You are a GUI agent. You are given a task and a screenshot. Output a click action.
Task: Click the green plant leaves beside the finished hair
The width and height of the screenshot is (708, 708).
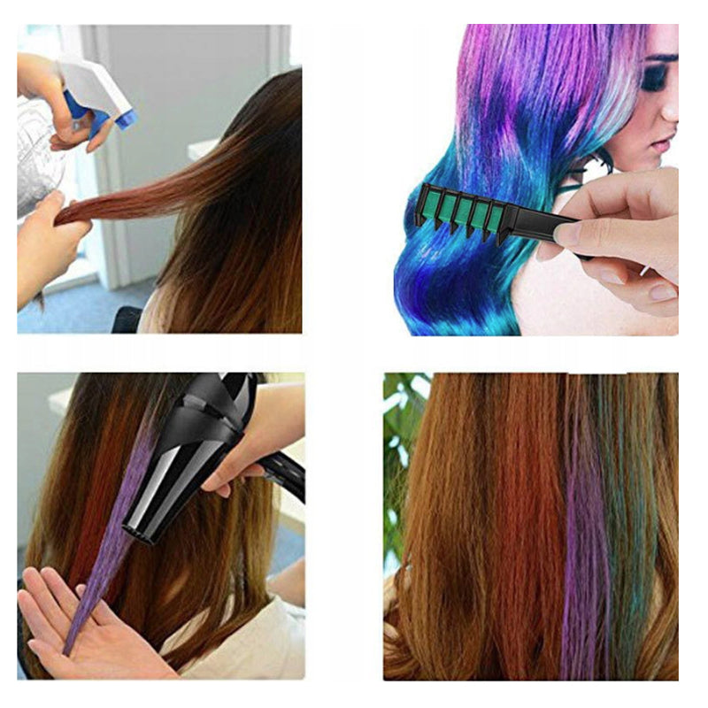(398, 442)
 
